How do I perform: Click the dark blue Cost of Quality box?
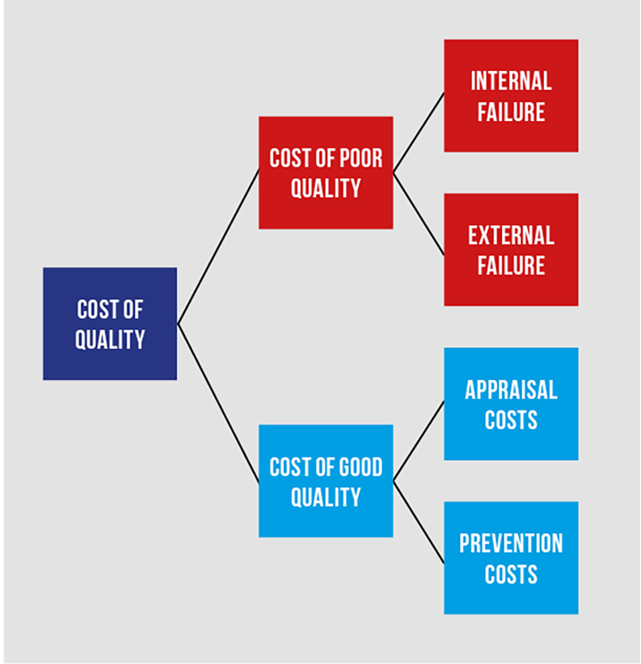click(110, 323)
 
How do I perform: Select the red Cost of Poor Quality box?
click(326, 173)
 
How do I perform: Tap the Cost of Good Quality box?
click(326, 481)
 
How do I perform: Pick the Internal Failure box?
click(511, 96)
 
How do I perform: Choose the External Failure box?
click(511, 250)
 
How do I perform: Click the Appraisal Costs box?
click(511, 404)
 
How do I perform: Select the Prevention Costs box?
click(511, 558)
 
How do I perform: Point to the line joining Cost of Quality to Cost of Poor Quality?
click(218, 247)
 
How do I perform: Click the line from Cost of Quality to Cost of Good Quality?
click(218, 403)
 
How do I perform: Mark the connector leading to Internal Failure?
click(418, 133)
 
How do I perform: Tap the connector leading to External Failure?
click(418, 214)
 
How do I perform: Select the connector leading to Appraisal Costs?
click(418, 441)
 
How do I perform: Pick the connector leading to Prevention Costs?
click(418, 522)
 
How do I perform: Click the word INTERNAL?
click(511, 81)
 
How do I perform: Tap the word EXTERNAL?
click(511, 235)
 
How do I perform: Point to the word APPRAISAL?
click(511, 390)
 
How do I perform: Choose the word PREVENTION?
click(511, 543)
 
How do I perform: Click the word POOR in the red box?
click(361, 158)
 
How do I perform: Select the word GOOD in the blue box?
click(360, 466)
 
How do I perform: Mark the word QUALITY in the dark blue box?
click(110, 340)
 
